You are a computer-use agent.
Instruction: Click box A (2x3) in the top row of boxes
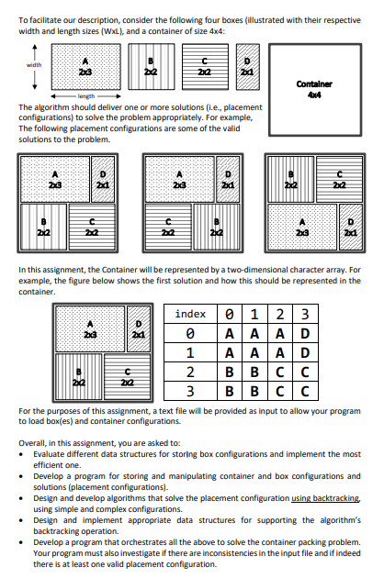pyautogui.click(x=84, y=65)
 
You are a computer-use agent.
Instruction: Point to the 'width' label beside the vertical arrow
pyautogui.click(x=33, y=64)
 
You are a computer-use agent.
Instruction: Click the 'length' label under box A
pyautogui.click(x=85, y=95)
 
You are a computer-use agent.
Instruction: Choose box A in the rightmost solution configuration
pyautogui.click(x=300, y=229)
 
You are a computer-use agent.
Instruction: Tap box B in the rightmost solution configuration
pyautogui.click(x=288, y=180)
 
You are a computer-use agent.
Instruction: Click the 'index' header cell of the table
pyautogui.click(x=189, y=315)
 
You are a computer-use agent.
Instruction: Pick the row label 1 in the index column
pyautogui.click(x=189, y=352)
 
